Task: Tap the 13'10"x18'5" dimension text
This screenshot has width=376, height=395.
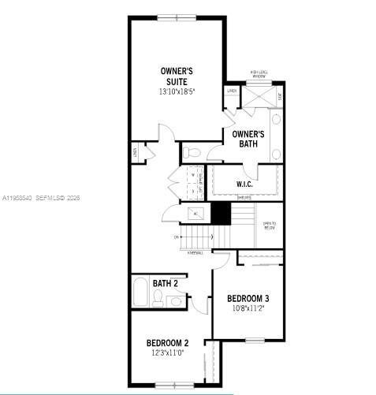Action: tap(177, 91)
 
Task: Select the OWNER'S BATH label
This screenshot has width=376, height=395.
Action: tap(248, 139)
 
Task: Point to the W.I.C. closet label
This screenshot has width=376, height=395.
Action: tap(244, 184)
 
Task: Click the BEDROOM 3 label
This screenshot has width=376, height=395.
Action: tap(248, 298)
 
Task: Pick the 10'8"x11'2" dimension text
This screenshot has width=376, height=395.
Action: tap(248, 308)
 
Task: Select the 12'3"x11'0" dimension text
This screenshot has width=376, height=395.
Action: tap(167, 353)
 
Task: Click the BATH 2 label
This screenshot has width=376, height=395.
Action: tap(165, 283)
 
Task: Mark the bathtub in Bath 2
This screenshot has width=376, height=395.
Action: tap(139, 293)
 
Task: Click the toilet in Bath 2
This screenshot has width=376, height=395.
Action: tap(158, 297)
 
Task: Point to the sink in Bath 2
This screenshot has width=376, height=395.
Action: tap(176, 300)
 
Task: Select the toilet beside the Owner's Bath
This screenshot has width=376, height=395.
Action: tap(193, 151)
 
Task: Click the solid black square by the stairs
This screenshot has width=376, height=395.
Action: tap(221, 214)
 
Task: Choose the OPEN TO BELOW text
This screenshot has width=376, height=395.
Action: tap(269, 223)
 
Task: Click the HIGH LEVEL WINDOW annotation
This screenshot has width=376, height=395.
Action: tap(259, 73)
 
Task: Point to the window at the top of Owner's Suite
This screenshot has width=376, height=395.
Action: tap(178, 17)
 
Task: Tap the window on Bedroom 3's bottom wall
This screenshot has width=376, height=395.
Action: tap(254, 340)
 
